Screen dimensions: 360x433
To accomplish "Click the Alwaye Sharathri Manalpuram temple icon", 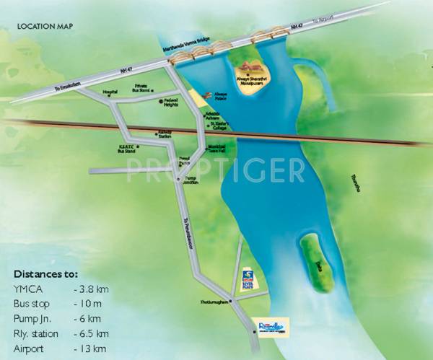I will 252,68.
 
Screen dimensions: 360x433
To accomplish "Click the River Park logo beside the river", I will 248,277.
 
